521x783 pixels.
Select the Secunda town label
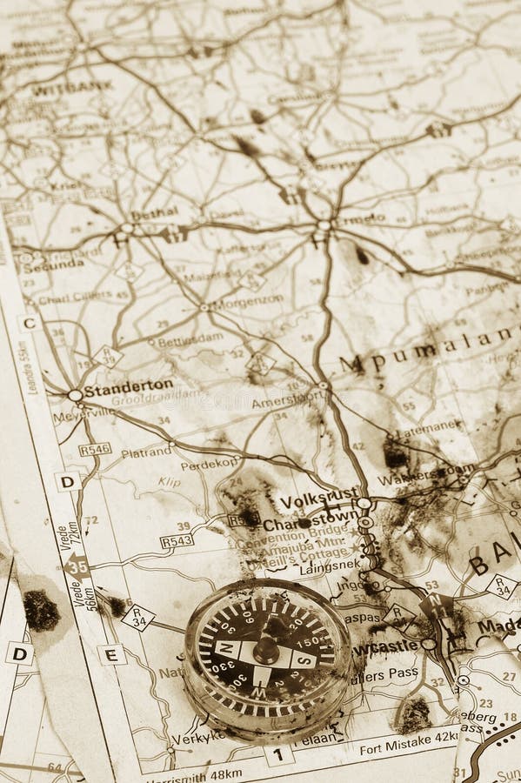(54, 265)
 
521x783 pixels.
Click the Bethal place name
(154, 211)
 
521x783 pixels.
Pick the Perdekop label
(210, 464)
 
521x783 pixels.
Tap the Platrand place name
(146, 452)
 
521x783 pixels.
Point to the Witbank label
(71, 86)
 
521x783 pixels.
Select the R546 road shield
(94, 449)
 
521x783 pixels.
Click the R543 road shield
(177, 541)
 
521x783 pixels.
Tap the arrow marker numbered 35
(77, 565)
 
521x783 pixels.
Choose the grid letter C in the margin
(29, 323)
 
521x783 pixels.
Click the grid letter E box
(111, 654)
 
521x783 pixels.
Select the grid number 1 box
(278, 753)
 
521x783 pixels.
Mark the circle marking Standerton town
(76, 395)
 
